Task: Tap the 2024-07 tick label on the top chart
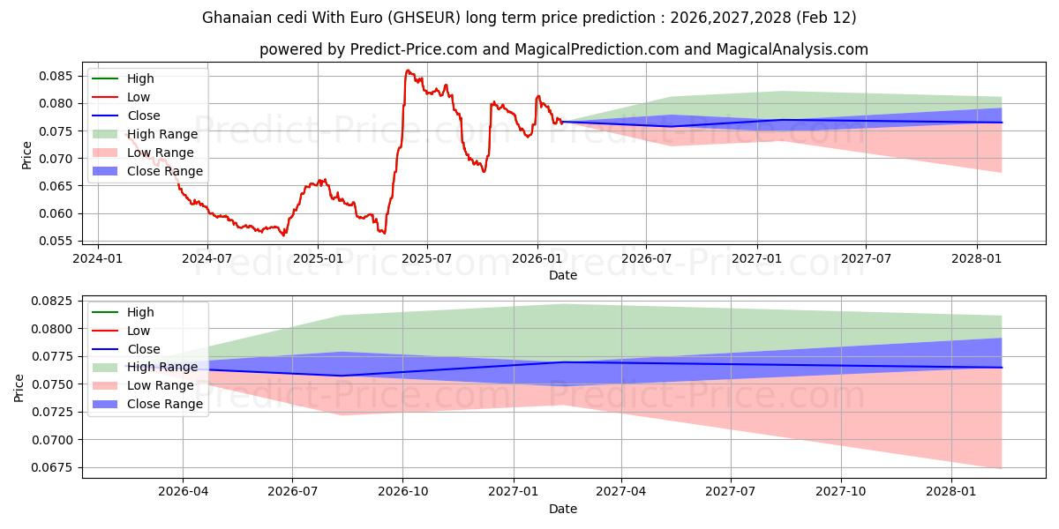[207, 258]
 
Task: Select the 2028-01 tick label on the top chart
[977, 258]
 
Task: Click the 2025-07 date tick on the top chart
[427, 258]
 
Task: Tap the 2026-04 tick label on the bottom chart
[183, 492]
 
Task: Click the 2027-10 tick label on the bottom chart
[841, 492]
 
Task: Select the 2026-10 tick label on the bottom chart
[402, 492]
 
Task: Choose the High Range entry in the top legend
[163, 134]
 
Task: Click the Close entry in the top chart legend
[144, 115]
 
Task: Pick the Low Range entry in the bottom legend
[161, 385]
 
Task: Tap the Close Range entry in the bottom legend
[165, 404]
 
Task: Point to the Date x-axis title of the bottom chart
[563, 509]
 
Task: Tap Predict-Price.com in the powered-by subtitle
[410, 49]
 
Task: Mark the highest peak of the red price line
[407, 71]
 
